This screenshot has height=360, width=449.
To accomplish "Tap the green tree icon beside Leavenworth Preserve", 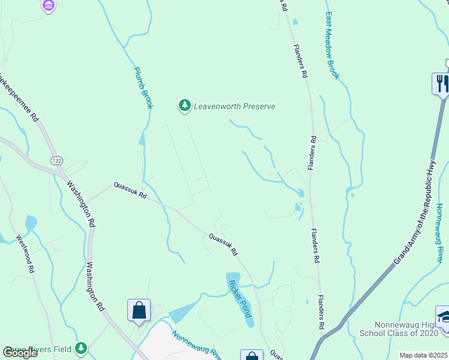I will coord(184,106).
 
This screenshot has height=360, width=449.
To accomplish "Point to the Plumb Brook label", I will coord(143,87).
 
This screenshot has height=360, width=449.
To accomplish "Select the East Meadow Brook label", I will coord(333,46).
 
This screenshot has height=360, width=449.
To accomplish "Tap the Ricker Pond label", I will coord(240,298).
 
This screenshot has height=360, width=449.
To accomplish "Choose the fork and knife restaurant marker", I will coord(441,83).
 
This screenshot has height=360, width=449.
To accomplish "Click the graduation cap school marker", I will coord(444,316).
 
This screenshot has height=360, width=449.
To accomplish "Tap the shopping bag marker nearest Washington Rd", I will coord(139,310).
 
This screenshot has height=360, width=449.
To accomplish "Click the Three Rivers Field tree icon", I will coord(81,348).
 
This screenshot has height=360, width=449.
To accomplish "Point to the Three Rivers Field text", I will coord(38,349).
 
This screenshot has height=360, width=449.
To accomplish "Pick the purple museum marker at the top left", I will coord(49,6).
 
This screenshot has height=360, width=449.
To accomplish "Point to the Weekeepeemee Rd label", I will coord(19,96).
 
